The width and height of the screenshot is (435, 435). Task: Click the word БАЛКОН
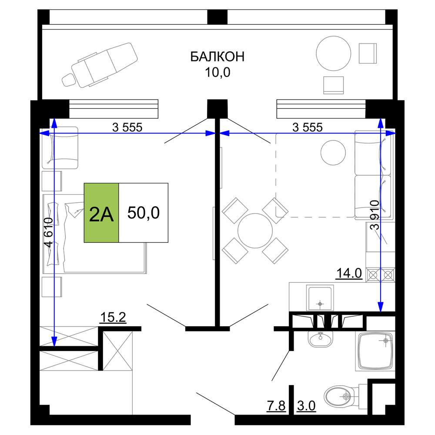tap(217, 57)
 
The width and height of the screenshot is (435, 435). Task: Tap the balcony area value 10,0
tap(217, 72)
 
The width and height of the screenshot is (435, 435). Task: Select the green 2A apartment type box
tap(101, 213)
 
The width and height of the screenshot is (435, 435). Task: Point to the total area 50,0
tap(144, 213)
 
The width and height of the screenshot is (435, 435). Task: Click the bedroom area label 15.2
tap(113, 318)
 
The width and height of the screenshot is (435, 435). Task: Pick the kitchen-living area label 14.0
tap(349, 273)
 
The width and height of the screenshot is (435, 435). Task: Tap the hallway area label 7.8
tap(276, 405)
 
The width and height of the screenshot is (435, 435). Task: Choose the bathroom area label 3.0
tap(306, 405)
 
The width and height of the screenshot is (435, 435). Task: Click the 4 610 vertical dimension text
tap(49, 232)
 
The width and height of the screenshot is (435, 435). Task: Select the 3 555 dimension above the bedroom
tap(127, 127)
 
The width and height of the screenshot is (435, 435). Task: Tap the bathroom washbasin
tap(321, 339)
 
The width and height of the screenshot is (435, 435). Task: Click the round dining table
tap(255, 231)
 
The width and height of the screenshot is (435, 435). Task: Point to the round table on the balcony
tap(334, 53)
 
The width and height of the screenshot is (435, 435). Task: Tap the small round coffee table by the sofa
tap(333, 153)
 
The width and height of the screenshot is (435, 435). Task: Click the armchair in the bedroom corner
tap(60, 148)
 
